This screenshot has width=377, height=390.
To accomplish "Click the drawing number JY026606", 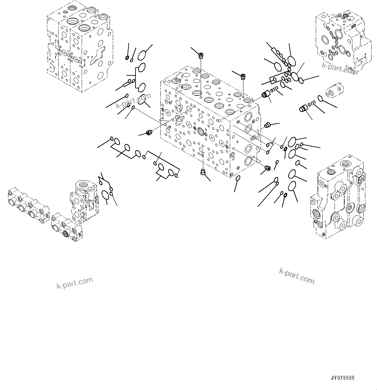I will [x=342, y=378].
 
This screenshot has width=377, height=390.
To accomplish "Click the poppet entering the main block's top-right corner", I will [x=266, y=95].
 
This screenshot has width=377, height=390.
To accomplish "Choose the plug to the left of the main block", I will [x=149, y=132].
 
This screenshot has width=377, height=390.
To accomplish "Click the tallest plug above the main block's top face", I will [x=201, y=56].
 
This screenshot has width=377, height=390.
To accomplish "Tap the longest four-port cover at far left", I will [x=28, y=206].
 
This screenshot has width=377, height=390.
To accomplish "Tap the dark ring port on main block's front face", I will [x=200, y=131].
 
